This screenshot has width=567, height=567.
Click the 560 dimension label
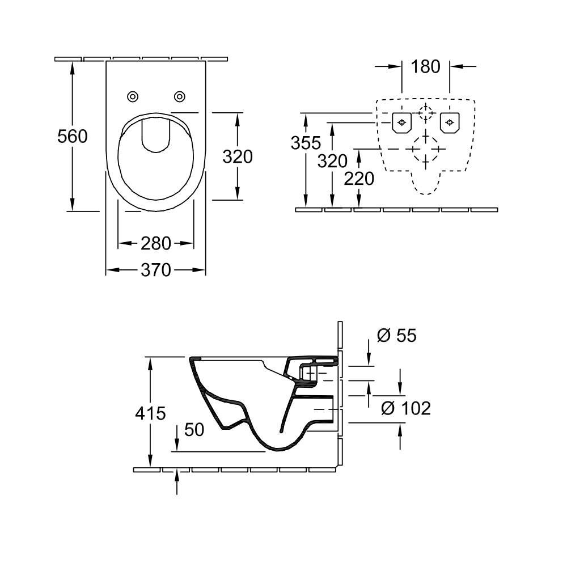73,137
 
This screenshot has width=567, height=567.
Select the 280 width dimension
156,243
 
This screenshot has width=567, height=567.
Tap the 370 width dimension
156,270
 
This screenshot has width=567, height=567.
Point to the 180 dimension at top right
425,66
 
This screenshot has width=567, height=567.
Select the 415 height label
151,413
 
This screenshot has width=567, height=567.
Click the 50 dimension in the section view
194,430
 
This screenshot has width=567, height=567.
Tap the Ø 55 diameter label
396,336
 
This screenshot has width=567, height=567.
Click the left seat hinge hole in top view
133,96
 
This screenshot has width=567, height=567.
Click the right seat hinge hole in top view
179,96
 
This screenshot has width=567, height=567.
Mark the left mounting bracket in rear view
401,121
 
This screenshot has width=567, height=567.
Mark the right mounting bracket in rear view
449,121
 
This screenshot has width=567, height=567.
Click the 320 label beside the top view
237,156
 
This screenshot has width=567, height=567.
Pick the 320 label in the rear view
332,162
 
